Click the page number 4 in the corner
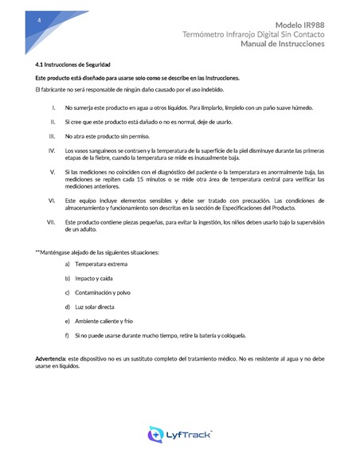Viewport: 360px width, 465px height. (x=29, y=20)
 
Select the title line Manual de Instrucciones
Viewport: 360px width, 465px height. (x=283, y=45)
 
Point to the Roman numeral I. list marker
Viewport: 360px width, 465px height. (x=53, y=107)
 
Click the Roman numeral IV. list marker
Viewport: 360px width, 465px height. (x=52, y=150)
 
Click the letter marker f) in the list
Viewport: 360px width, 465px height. (x=68, y=335)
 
